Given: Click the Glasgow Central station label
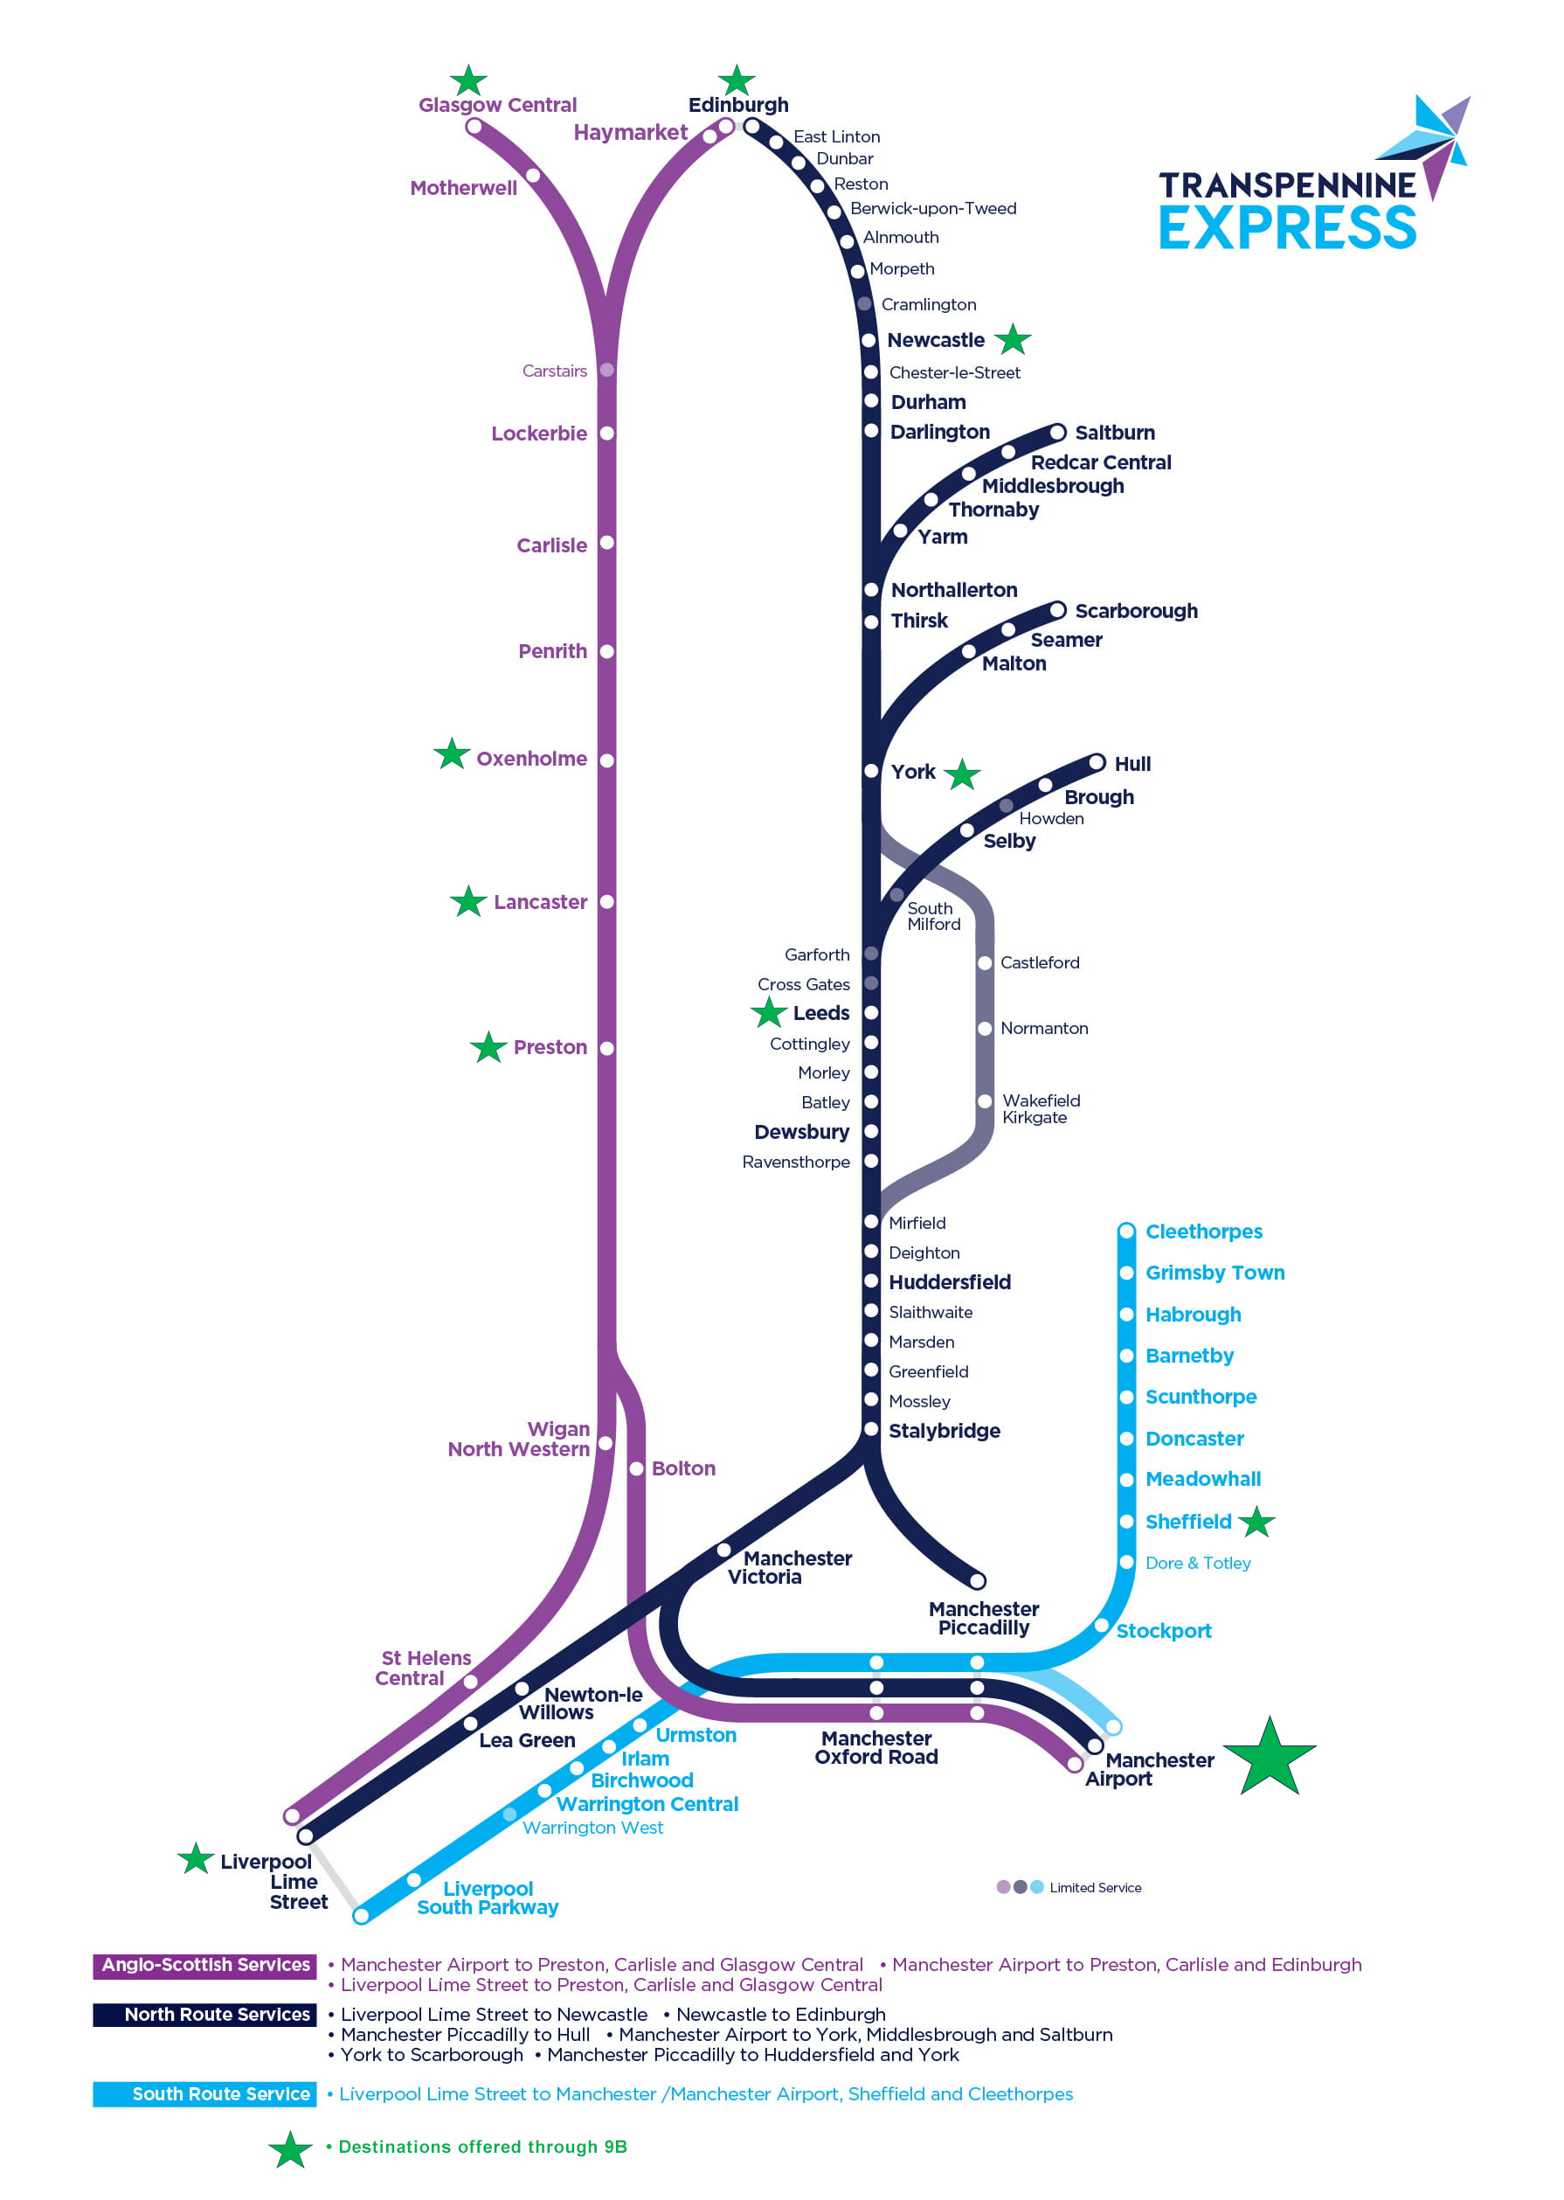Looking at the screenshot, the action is [x=497, y=105].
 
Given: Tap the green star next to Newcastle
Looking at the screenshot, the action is [x=1012, y=339].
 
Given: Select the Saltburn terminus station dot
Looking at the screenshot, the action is [x=1057, y=432].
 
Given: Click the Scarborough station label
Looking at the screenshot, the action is [x=1137, y=611].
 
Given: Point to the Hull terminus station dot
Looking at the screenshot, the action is [x=1096, y=763].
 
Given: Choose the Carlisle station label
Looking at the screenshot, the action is [x=552, y=545].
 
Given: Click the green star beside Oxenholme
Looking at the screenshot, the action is [x=452, y=753].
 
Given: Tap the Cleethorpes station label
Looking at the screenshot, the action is [x=1204, y=1231].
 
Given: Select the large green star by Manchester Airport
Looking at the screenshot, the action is [x=1270, y=1758].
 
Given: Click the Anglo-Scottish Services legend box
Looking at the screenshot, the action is [x=205, y=1964].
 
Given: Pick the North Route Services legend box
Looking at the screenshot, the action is [x=205, y=2014].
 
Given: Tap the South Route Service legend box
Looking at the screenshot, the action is [x=205, y=2093].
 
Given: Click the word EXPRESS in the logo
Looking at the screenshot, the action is [x=1288, y=227].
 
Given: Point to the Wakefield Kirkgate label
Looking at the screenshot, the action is [x=1041, y=1108].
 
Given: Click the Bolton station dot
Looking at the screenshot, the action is [x=637, y=1468].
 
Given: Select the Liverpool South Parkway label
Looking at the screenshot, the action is [x=488, y=1898].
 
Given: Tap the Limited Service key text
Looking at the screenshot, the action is [x=1095, y=1887].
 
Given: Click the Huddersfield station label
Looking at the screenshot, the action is [x=950, y=1282].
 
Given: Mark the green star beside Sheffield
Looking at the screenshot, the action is [x=1256, y=1522].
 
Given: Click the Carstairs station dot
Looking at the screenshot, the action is [x=606, y=370].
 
